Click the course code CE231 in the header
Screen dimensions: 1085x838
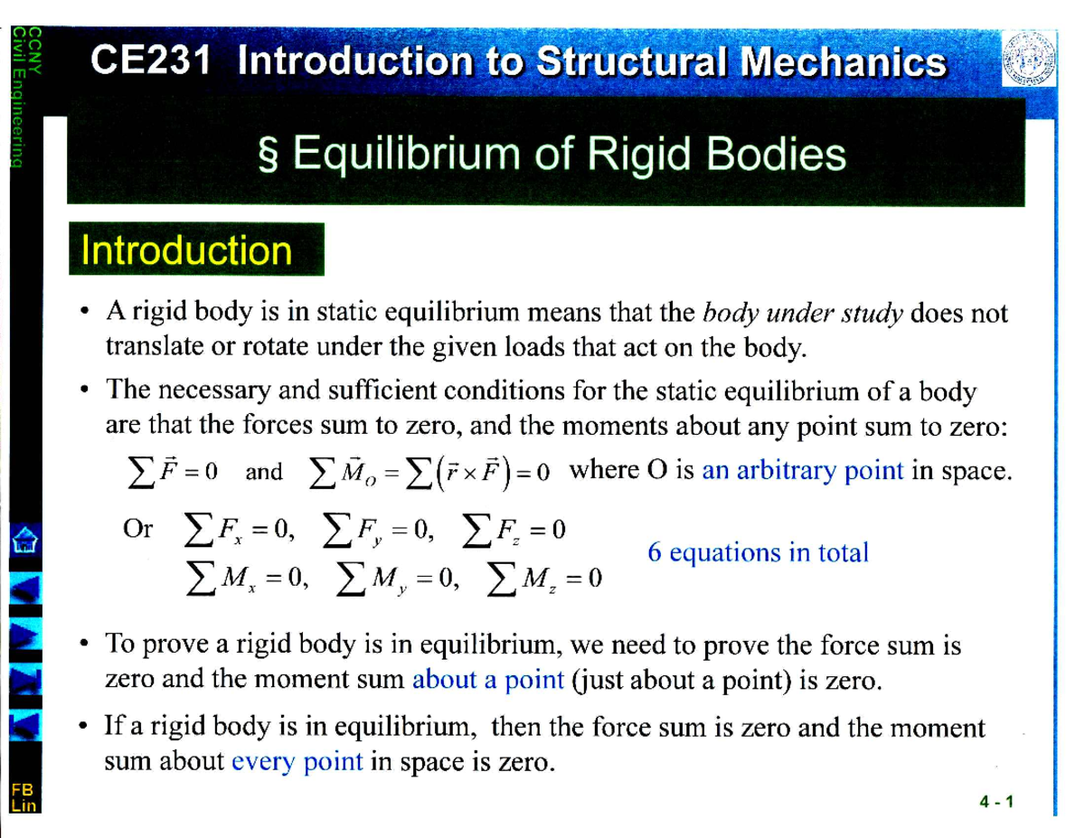(150, 61)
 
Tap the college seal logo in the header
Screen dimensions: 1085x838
(1028, 59)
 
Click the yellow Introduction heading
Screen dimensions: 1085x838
(187, 250)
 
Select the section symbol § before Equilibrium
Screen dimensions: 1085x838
(268, 155)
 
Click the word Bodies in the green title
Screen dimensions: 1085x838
(776, 154)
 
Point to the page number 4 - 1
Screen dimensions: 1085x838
(996, 802)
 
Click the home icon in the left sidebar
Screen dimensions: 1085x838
(25, 541)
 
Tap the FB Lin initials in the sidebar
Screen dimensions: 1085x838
(24, 797)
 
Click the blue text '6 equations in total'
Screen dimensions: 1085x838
(758, 553)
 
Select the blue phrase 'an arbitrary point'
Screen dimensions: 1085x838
(803, 471)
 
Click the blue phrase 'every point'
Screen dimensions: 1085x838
(297, 762)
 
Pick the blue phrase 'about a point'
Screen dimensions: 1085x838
(488, 680)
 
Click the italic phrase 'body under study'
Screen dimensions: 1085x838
(802, 314)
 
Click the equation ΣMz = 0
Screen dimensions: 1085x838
(544, 579)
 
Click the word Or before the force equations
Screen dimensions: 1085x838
(137, 529)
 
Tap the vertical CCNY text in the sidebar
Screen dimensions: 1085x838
(34, 51)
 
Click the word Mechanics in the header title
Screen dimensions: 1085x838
(843, 61)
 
